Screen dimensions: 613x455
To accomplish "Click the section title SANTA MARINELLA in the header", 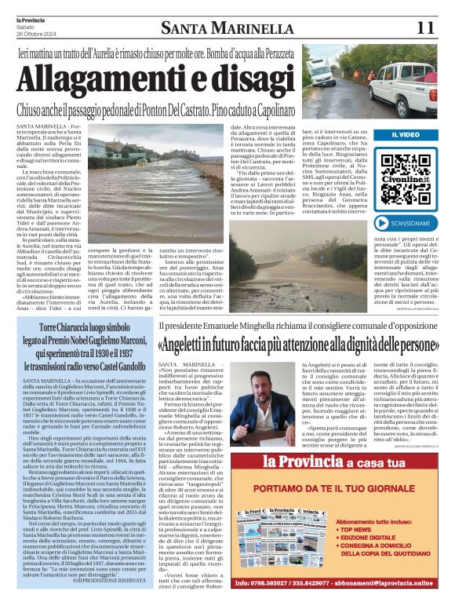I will pyautogui.click(x=227, y=29).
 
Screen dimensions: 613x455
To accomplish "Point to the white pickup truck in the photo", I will pyautogui.click(x=403, y=78).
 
